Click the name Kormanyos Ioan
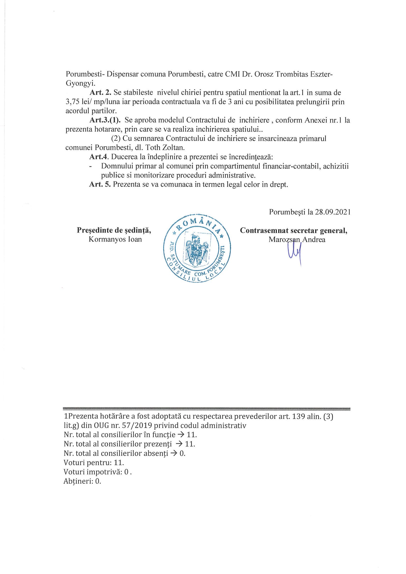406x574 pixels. (115, 239)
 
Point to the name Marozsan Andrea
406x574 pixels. (297, 240)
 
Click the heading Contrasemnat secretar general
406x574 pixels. (294, 230)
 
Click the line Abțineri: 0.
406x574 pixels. (82, 480)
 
